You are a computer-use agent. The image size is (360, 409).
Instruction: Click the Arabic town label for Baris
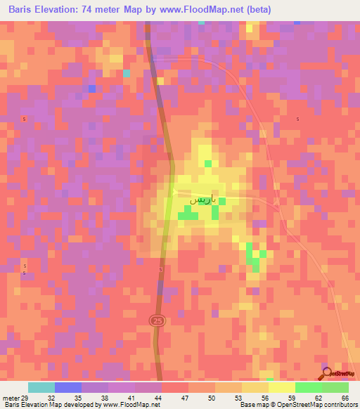point(200,200)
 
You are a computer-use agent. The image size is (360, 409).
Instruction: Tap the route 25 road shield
point(157,320)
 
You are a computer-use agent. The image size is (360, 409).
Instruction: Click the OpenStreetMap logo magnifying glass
point(326,372)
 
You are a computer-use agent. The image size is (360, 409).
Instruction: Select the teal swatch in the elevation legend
point(41,387)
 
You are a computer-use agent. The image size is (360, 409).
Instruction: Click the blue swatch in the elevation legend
point(68,387)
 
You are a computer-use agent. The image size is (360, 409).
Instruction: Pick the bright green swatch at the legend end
point(335,387)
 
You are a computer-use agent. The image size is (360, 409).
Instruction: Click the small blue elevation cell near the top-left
point(91,88)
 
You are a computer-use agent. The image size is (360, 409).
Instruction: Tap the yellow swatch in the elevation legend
point(282,387)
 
